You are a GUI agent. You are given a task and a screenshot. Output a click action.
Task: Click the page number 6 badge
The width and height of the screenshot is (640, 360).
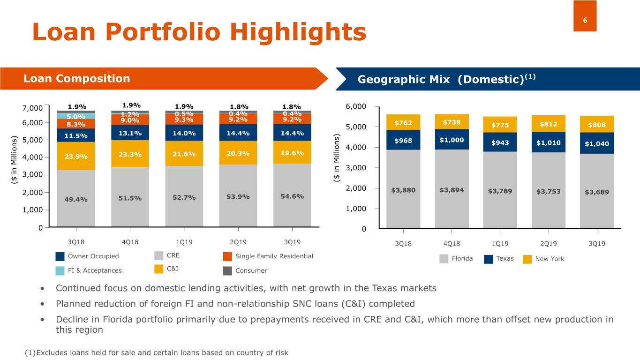tap(585, 16)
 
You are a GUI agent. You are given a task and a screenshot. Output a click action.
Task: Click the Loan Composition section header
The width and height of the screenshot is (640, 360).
tap(76, 78)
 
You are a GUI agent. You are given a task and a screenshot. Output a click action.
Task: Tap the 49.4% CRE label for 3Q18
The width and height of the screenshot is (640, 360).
tap(76, 199)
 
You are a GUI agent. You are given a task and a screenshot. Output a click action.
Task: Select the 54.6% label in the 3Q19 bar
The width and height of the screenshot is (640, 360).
tap(292, 196)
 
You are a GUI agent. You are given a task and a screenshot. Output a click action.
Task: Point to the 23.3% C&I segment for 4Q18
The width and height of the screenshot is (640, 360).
tap(130, 155)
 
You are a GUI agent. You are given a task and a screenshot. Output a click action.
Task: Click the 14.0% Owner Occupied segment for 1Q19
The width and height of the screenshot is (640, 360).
tap(184, 133)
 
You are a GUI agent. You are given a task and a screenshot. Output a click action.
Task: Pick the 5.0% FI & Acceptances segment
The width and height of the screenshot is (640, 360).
tap(76, 116)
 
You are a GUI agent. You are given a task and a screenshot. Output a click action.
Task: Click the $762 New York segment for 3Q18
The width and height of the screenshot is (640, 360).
tap(403, 123)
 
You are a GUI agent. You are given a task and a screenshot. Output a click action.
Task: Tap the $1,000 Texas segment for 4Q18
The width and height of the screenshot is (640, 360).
tap(452, 140)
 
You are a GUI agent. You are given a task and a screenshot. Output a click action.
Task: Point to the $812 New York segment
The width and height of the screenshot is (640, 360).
tap(548, 124)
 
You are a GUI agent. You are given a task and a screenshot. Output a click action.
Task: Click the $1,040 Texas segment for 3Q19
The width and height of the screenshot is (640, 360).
tap(596, 143)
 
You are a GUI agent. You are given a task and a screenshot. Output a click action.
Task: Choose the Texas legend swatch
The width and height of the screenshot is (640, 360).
tap(488, 259)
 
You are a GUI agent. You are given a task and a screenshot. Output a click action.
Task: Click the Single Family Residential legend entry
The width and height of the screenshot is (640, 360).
tap(274, 256)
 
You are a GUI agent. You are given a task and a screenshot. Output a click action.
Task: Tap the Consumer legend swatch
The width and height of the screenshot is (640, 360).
tap(227, 271)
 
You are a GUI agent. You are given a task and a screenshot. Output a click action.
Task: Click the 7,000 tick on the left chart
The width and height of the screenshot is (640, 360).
tap(32, 108)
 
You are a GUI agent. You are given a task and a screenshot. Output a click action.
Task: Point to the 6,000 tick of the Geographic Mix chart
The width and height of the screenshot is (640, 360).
tap(355, 106)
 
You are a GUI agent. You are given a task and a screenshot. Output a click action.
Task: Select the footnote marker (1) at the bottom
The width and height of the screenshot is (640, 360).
tap(30, 352)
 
